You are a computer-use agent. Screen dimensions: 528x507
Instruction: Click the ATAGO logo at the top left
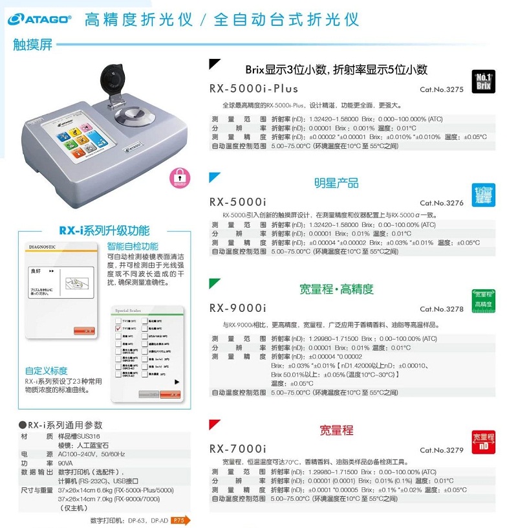39,19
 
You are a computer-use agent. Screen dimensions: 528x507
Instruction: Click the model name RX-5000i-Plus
253,89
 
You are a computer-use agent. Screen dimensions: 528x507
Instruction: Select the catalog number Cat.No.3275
442,90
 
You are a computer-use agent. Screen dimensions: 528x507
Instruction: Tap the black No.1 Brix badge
484,82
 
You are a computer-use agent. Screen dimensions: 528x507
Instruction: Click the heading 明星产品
336,183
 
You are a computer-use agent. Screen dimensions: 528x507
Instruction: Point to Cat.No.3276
442,203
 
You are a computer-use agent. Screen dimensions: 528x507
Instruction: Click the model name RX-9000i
237,308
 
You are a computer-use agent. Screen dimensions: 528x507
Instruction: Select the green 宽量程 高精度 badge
484,300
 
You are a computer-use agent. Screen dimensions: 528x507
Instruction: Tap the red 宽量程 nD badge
484,441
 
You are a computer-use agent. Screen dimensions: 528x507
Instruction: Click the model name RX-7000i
237,449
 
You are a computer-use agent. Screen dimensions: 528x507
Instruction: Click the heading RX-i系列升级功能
103,230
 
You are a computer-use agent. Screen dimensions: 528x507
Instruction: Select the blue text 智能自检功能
132,247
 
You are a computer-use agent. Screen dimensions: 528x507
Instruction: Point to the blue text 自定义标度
46,371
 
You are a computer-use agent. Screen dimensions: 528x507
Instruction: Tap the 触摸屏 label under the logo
32,45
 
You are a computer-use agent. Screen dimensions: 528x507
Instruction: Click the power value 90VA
67,463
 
